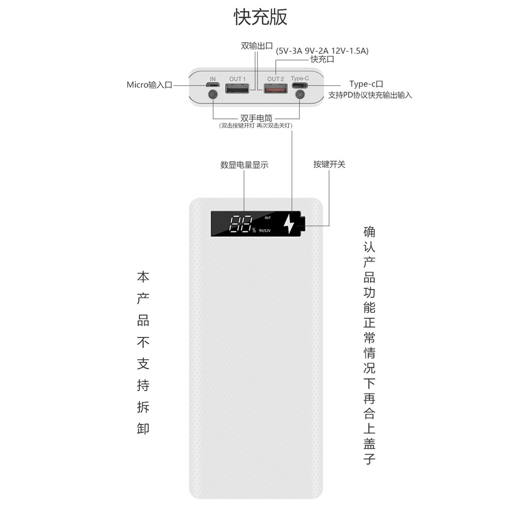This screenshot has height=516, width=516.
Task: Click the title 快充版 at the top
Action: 261,17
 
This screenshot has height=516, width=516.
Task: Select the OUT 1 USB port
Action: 237,90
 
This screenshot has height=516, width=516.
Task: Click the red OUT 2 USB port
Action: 276,90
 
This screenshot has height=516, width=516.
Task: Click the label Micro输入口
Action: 149,85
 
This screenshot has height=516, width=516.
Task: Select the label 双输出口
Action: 256,46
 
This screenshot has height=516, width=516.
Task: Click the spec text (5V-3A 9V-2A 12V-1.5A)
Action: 322,50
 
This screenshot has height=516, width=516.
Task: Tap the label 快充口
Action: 322,59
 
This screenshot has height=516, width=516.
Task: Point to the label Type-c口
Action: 366,84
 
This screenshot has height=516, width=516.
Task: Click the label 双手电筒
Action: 256,118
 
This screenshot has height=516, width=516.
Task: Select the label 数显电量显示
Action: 244,165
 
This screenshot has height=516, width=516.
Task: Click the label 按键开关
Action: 329,164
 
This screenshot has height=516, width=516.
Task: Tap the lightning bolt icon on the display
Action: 288,224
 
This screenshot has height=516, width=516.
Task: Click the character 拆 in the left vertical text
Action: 143,407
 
